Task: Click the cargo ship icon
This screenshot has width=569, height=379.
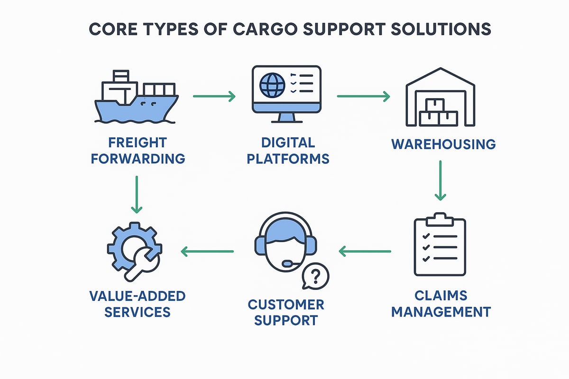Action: (137, 99)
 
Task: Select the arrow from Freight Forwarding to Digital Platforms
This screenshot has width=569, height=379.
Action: (214, 97)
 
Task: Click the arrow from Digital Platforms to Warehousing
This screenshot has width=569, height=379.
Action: (363, 97)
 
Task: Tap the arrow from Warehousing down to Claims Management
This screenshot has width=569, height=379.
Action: (441, 180)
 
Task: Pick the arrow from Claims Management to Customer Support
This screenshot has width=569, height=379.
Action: (365, 251)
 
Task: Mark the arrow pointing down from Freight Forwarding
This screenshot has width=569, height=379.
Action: (137, 194)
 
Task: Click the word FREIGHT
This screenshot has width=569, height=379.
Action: (137, 143)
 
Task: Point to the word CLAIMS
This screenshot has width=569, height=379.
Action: (441, 296)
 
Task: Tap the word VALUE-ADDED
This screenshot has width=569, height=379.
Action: (137, 297)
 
